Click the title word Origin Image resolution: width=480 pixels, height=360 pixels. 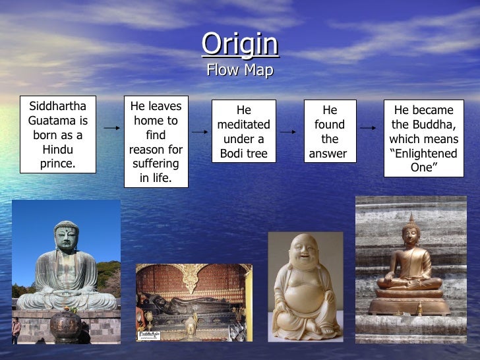(x=240, y=44)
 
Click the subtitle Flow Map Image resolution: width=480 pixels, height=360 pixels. (x=240, y=70)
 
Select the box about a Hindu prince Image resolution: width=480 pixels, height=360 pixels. (x=57, y=136)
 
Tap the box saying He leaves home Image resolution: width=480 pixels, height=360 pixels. (x=156, y=142)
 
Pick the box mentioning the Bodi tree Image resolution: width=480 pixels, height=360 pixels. (x=243, y=132)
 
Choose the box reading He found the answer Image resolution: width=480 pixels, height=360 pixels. (x=330, y=132)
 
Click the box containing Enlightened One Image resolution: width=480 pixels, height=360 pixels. (x=423, y=138)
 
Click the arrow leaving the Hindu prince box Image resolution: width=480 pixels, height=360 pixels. (x=112, y=128)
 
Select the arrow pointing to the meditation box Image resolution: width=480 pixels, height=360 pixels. (x=200, y=132)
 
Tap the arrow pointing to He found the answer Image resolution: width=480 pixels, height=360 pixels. (x=288, y=132)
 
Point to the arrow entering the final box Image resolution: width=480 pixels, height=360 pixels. (x=370, y=131)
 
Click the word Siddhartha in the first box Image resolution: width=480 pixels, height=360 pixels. (x=57, y=107)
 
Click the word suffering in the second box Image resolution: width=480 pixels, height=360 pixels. (x=156, y=164)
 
